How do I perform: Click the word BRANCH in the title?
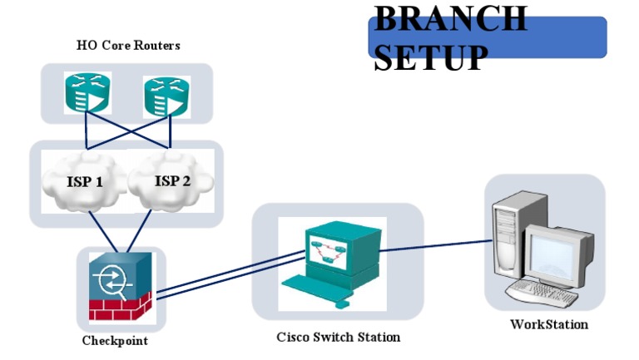[450, 18]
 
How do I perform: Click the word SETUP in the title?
[430, 57]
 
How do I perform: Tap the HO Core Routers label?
[128, 45]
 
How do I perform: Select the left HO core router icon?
[87, 92]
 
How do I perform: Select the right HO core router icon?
[166, 95]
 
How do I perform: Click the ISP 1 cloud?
[84, 180]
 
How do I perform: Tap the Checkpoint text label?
[115, 341]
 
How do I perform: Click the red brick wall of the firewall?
[120, 310]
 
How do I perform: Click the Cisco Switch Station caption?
[338, 337]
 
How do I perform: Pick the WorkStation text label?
[548, 324]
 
